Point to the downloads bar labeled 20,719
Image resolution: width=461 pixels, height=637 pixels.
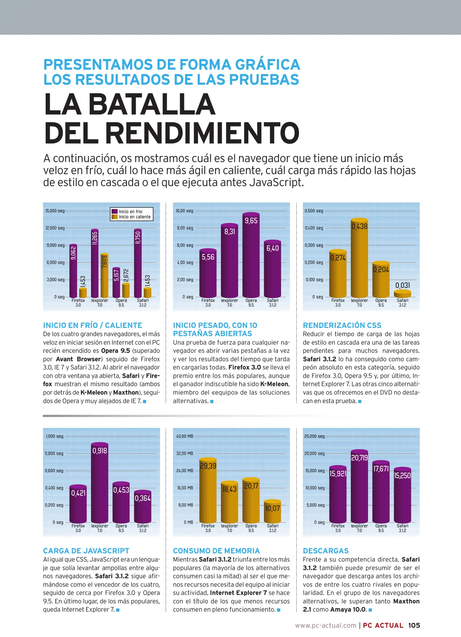pos(359,486)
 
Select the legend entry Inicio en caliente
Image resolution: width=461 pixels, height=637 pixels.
pos(135,217)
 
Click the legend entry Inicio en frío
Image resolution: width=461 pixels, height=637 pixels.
pos(130,211)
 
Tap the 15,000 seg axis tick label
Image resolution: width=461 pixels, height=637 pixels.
pos(55,211)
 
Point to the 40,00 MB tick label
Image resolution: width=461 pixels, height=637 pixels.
pos(184,436)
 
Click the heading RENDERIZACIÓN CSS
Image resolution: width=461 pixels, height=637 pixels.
pos(342,325)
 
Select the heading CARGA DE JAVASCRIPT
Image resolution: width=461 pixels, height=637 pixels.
pos(86,551)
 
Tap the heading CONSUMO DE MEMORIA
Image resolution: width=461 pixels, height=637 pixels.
pos(216,551)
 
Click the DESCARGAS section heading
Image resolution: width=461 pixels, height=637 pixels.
pos(326,551)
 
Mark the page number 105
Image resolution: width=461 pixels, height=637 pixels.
pos(414,625)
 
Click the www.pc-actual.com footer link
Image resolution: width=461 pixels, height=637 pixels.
pos(326,625)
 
